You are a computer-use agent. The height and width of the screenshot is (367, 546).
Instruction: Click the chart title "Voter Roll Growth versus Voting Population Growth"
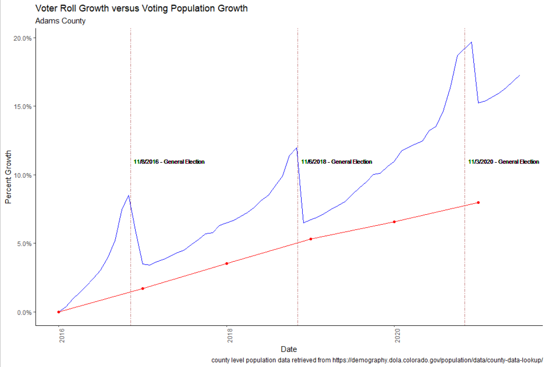[x=141, y=9]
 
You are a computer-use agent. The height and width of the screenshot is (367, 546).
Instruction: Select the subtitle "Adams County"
[x=60, y=21]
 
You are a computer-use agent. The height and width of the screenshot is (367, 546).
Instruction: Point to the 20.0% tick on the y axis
[x=22, y=38]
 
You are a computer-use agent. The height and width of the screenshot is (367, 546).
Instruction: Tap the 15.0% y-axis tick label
[x=22, y=106]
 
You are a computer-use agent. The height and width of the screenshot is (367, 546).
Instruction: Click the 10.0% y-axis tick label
[x=22, y=175]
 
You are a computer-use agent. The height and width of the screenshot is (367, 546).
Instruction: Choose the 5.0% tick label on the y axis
[x=23, y=244]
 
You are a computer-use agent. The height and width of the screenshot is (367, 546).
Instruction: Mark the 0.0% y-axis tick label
[x=23, y=312]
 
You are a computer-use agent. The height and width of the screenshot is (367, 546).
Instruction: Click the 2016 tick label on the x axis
[x=59, y=337]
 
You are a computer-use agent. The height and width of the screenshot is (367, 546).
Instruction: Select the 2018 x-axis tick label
[x=227, y=337]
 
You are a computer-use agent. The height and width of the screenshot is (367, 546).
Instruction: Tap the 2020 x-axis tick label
[x=395, y=337]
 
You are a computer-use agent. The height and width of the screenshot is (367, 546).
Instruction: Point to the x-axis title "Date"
[x=288, y=349]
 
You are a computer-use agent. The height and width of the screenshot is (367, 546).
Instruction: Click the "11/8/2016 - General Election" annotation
[x=169, y=162]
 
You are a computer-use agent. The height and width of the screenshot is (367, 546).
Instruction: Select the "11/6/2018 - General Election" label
[x=337, y=162]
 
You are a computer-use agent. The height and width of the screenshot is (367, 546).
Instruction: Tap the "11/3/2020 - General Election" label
[x=504, y=162]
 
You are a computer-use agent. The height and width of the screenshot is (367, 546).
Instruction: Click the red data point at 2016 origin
[x=59, y=312]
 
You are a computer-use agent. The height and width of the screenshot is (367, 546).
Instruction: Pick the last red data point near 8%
[x=478, y=202]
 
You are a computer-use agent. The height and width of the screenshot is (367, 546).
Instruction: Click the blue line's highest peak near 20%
[x=471, y=42]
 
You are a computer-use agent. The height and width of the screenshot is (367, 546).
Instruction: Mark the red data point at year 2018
[x=227, y=263]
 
